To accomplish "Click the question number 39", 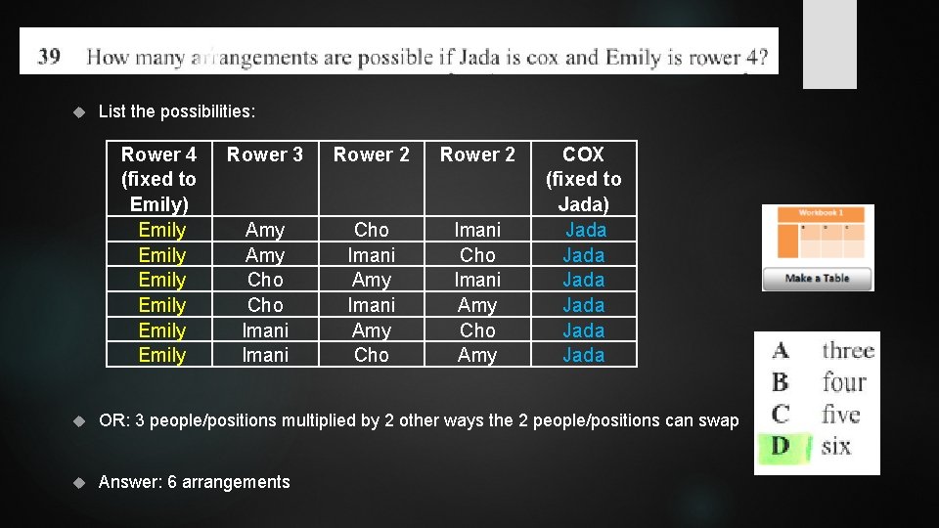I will point(49,56).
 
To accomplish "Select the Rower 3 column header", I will point(265,154).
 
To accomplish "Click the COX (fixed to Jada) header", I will point(583,179).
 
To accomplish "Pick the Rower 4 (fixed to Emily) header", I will point(158,179).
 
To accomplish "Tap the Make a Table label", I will point(818,279).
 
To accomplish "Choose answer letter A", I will point(781,350).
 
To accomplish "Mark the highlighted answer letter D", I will point(781,447).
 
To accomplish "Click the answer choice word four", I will point(844,381).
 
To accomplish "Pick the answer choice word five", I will point(841,414).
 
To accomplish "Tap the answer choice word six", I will point(836,447).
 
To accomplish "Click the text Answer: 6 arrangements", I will point(195,482).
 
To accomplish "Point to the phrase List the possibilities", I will point(177,111).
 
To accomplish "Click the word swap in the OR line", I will point(719,420).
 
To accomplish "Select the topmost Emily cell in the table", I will point(162,230).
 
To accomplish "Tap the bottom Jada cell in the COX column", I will point(584,355).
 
